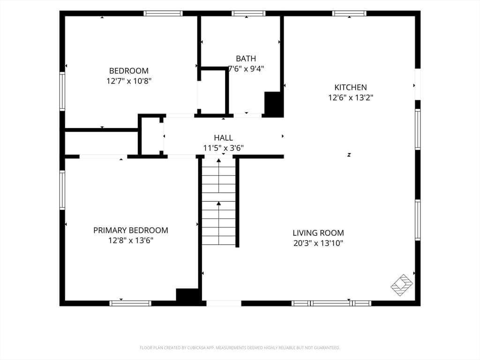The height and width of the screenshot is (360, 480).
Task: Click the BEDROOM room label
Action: point(129,71)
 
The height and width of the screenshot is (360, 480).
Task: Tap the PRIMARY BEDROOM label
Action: point(131,230)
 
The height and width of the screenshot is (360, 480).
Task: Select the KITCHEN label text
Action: point(351,87)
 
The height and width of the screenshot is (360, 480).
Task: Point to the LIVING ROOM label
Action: point(318,233)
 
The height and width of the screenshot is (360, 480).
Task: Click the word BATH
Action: point(246,59)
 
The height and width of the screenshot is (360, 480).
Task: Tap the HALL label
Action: point(223,138)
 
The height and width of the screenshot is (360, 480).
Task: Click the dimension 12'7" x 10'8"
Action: point(129,81)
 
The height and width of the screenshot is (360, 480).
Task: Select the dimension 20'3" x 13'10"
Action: point(318,243)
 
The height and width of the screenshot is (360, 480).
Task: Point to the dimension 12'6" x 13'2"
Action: point(351,97)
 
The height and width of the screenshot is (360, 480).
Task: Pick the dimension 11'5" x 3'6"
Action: point(224,148)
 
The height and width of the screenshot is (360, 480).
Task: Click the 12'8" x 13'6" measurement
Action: point(131,240)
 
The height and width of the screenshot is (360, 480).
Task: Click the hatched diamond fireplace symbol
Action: point(402,285)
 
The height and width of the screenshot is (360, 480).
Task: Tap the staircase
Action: point(218,202)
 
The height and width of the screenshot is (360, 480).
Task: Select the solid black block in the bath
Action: point(273,104)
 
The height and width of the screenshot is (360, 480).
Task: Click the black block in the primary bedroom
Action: point(187,295)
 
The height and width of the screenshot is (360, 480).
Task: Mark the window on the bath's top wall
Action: point(248,14)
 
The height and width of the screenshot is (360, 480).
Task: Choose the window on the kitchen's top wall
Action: point(349,14)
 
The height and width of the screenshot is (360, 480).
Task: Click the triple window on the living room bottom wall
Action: point(331,303)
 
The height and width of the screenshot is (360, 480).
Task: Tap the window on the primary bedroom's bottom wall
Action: point(130,303)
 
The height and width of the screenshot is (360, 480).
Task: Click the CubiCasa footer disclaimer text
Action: point(240,348)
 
